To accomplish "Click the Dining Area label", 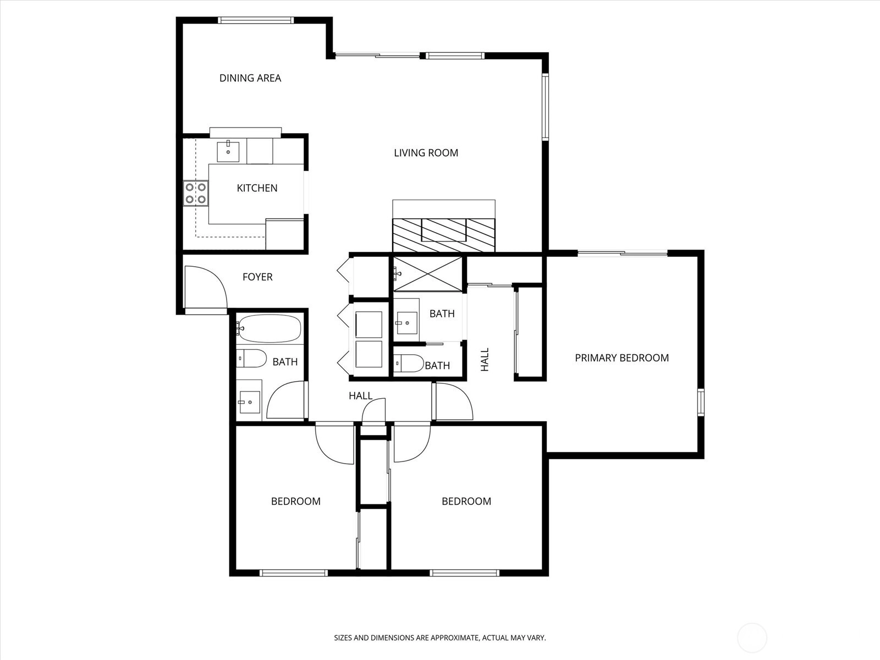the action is click(250, 78).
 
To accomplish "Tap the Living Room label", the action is click(426, 153).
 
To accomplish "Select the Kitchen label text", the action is click(257, 188).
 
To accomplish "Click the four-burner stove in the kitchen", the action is click(196, 193).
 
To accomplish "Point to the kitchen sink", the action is click(228, 151).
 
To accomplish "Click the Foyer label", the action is click(257, 277).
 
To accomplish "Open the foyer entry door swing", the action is click(206, 289).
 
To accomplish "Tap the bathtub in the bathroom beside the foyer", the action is click(268, 328).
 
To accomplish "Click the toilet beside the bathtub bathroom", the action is click(251, 358).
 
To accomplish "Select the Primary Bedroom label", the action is click(622, 358).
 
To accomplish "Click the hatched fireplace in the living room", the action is click(444, 235).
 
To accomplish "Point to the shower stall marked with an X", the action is click(428, 274).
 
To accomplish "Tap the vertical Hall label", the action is click(485, 360).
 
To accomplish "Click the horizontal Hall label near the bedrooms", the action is click(360, 396).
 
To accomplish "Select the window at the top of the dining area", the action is click(256, 20).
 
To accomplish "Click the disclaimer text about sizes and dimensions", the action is click(440, 638).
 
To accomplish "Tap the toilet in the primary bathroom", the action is click(409, 364).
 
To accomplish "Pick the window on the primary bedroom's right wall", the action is click(701, 402).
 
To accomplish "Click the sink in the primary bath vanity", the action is click(406, 323).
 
